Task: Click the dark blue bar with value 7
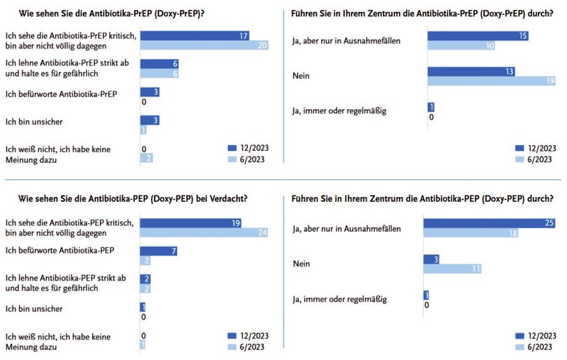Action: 158,250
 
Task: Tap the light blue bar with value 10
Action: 448,45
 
